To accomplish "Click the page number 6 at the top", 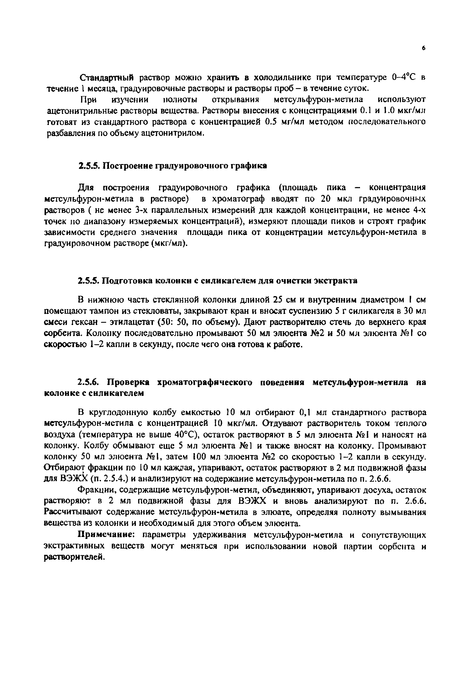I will [x=424, y=48].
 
